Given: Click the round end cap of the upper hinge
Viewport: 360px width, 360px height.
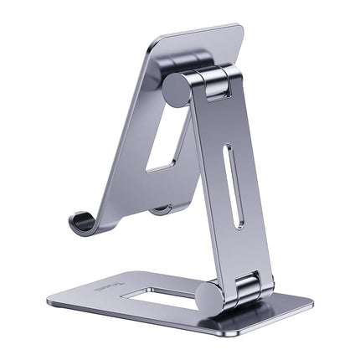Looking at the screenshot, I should click(x=177, y=90).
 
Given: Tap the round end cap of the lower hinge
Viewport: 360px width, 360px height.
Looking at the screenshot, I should click(x=209, y=295).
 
